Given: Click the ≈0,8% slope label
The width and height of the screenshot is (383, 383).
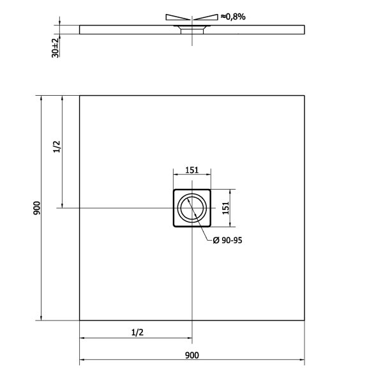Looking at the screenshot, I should tap(234, 17).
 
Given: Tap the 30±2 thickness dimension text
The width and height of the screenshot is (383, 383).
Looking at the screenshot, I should tap(56, 47).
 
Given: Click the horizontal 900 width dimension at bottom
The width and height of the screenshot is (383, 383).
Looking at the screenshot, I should tap(191, 356).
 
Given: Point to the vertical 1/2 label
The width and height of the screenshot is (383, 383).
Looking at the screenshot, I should tap(56, 147).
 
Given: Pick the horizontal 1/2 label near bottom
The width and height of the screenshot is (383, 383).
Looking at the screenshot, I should tap(135, 332).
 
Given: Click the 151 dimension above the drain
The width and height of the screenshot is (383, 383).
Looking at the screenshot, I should tap(191, 170).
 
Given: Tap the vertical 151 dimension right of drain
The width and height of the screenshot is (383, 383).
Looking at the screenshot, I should tap(225, 208).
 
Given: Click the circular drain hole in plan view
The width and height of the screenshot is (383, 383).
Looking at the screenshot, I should tap(191, 208).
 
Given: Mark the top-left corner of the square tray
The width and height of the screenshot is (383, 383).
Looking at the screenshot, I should tap(80, 96).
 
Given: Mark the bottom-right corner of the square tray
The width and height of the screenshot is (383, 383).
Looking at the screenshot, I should tap(304, 320).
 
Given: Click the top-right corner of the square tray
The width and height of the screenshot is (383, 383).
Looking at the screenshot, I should tap(304, 96).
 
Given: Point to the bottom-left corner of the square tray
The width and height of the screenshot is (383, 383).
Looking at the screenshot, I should tap(80, 320).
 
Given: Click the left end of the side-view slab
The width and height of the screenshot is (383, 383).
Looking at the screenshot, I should tap(80, 29).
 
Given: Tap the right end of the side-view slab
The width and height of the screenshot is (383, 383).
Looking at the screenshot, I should tap(304, 29).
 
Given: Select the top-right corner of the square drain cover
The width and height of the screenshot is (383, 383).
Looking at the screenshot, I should tap(211, 190).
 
